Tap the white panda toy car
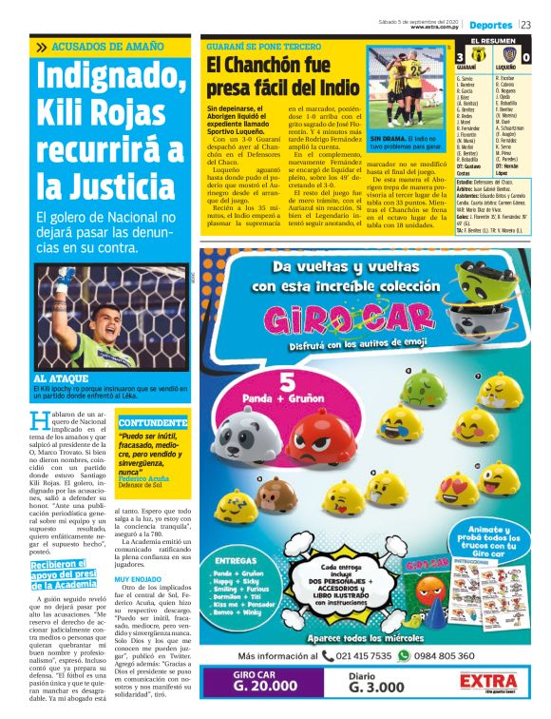click(242, 442)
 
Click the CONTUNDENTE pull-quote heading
click(152, 421)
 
